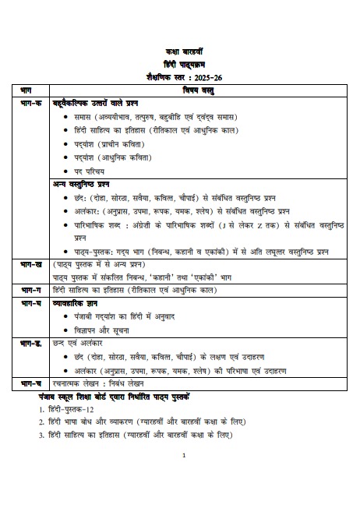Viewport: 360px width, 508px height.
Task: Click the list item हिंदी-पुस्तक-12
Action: click(x=71, y=409)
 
